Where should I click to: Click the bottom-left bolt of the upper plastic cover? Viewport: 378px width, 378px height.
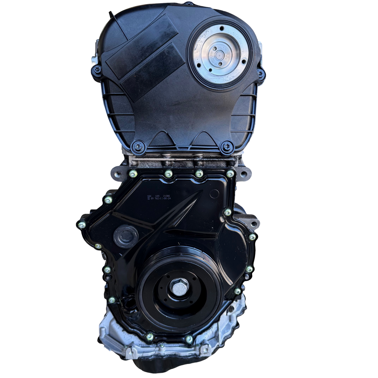(138, 146)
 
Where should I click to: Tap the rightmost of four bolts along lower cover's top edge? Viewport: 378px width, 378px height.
(230, 174)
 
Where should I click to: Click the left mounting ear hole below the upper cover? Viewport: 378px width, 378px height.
(116, 173)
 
